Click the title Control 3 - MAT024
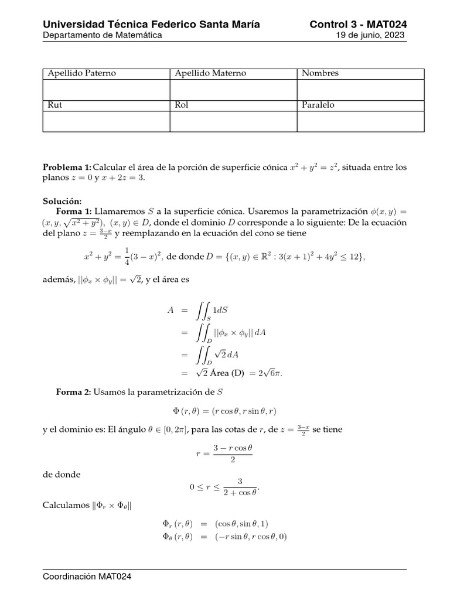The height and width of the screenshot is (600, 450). (x=358, y=24)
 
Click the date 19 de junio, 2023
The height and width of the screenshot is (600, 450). (x=368, y=35)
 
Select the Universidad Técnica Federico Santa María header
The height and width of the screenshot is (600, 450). (x=152, y=24)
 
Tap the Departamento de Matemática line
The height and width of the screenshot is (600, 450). (x=103, y=35)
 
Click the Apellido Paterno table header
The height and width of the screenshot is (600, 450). (x=82, y=73)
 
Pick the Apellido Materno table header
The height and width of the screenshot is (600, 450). (x=210, y=73)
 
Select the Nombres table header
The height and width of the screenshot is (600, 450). (x=321, y=73)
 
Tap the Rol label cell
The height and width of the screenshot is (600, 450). (x=181, y=105)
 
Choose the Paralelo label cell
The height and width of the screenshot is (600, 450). (x=318, y=105)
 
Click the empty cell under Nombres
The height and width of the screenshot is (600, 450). (x=360, y=90)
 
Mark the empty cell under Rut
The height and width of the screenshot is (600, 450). (x=106, y=121)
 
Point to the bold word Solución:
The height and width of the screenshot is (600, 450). (x=61, y=200)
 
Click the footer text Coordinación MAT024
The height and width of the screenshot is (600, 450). (x=87, y=577)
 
